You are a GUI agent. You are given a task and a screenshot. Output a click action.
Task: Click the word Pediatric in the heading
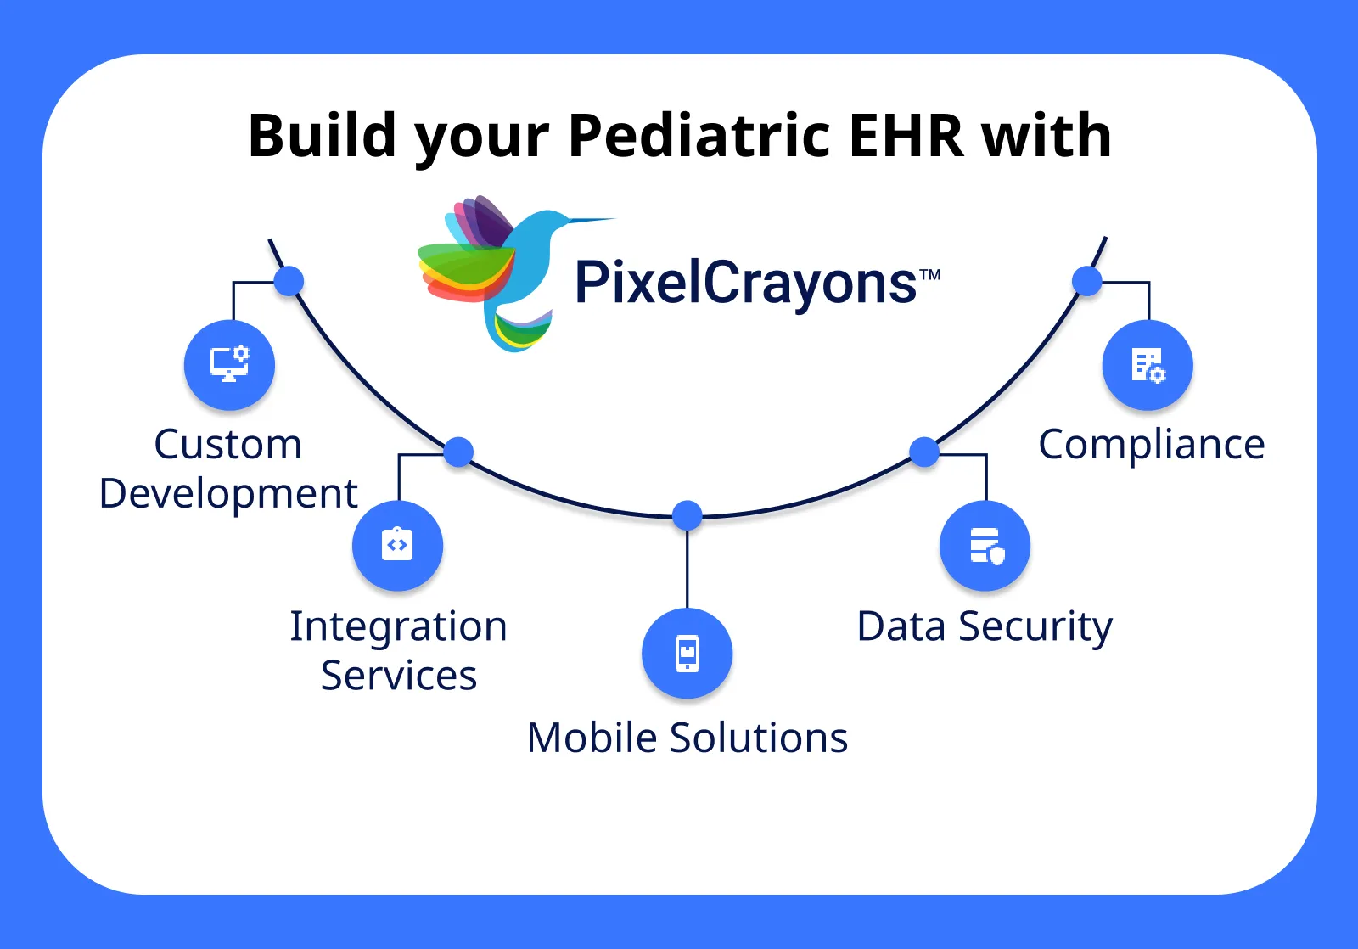699,136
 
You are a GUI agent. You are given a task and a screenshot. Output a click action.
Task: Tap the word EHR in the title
906,136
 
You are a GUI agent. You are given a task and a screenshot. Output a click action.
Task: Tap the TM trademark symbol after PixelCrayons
930,274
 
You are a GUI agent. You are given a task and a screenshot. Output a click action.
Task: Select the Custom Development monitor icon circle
229,365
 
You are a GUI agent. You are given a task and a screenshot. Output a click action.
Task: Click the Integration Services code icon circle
397,545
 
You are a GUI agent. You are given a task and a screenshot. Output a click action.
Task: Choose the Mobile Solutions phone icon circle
687,653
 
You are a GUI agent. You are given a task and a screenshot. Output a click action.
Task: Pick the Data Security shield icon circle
985,545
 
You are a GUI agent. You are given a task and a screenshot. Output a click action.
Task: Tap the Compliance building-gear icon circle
1148,365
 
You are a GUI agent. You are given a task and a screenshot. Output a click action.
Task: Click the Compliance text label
1151,444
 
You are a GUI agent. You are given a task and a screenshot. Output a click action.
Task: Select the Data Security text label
984,626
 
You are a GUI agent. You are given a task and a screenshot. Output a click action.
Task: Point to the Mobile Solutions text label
687,737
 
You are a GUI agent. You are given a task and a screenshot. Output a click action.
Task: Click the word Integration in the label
398,626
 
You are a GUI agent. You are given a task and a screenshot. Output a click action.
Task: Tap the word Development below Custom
228,493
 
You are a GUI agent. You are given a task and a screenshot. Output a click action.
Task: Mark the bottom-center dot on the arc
687,514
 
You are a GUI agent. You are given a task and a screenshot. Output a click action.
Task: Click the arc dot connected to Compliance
1086,281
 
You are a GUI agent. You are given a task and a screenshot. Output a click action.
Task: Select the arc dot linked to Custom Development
289,281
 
